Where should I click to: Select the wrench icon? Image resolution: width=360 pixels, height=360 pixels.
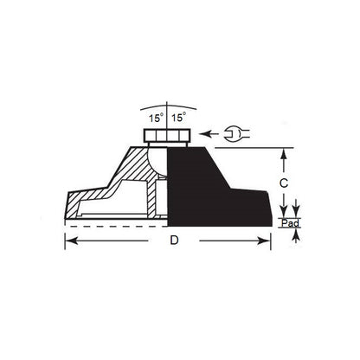[235, 133]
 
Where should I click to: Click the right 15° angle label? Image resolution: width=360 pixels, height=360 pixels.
[177, 116]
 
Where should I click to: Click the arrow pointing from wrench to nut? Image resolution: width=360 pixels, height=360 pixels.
[208, 133]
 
